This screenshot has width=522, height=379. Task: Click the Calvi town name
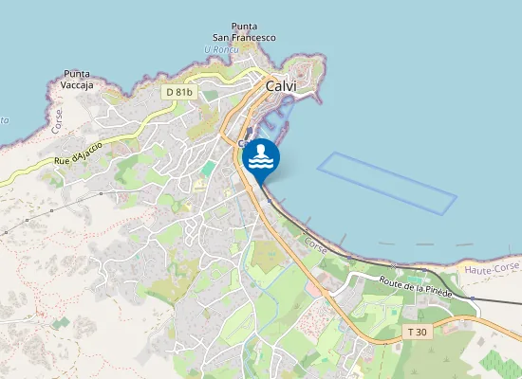point(282,86)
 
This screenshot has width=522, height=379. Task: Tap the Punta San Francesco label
point(243,32)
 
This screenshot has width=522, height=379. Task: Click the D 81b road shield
point(177,92)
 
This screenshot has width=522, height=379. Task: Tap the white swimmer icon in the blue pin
point(261,155)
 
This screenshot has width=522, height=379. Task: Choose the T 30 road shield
point(417,332)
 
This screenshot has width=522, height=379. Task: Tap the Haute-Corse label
point(494,270)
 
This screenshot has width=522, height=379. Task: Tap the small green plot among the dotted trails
point(61,323)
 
